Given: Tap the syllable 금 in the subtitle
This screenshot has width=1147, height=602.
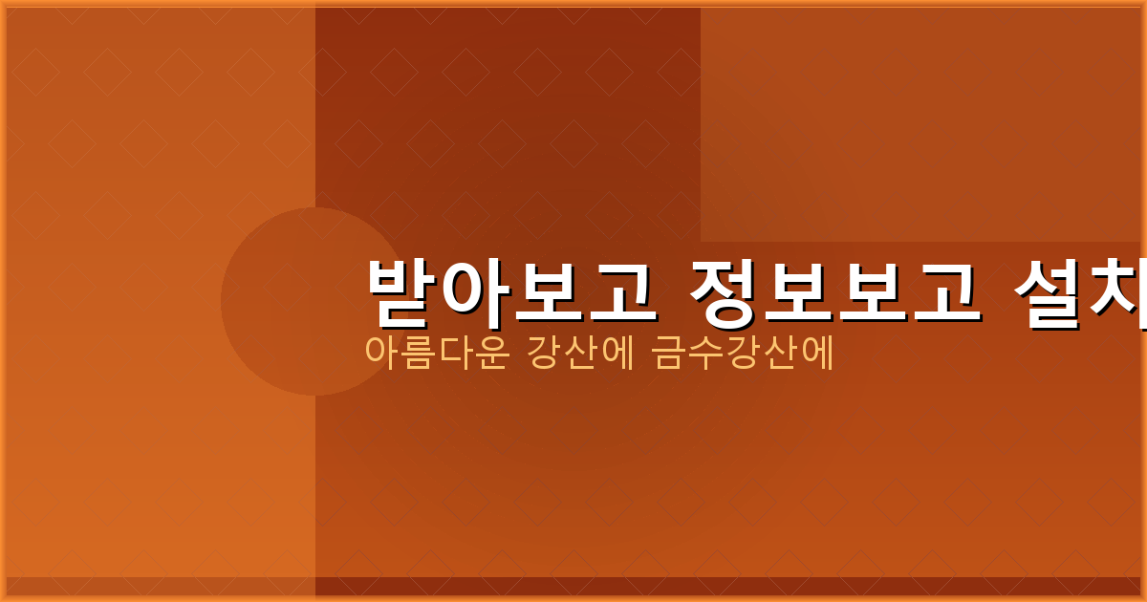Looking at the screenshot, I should click(x=670, y=354).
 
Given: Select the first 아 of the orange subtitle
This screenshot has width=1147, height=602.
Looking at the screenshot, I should click(x=382, y=354).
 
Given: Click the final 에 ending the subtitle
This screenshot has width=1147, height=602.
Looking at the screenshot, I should click(x=818, y=354).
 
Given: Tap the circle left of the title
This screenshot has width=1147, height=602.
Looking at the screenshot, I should click(x=287, y=302).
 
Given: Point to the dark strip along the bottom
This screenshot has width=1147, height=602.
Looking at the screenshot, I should click(x=573, y=586).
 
